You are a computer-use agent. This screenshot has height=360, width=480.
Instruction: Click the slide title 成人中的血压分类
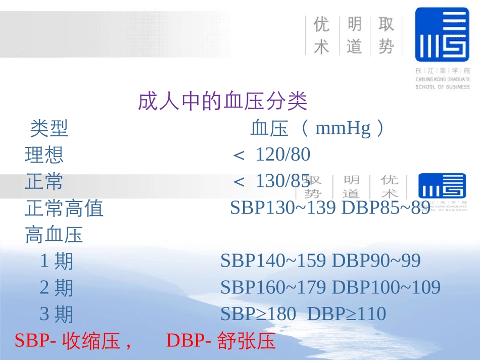222,102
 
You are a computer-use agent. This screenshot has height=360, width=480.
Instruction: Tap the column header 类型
49,129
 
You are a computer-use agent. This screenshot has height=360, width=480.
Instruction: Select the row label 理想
44,155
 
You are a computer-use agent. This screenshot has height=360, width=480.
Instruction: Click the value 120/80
283,155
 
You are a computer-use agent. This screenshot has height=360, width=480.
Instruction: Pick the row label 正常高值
64,208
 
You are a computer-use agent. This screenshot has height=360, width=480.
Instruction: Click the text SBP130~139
283,208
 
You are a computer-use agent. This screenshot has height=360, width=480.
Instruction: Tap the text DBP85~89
386,208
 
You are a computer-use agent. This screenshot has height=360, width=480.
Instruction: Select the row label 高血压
54,235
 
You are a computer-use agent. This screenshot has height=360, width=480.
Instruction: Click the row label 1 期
57,261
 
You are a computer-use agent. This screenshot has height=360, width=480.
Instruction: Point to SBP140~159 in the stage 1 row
273,261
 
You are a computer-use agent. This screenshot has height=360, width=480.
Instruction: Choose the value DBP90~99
376,261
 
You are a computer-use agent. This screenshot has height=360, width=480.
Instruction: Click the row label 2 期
57,288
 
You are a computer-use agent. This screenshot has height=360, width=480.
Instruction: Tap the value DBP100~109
386,288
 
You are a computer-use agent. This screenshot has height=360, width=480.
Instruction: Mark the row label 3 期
57,314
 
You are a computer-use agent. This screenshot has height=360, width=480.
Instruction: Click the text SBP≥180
258,314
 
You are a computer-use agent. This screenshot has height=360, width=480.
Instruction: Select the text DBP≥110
347,314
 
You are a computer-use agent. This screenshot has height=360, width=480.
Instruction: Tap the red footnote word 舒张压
247,341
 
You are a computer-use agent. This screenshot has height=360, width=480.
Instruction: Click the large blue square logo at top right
442,34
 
